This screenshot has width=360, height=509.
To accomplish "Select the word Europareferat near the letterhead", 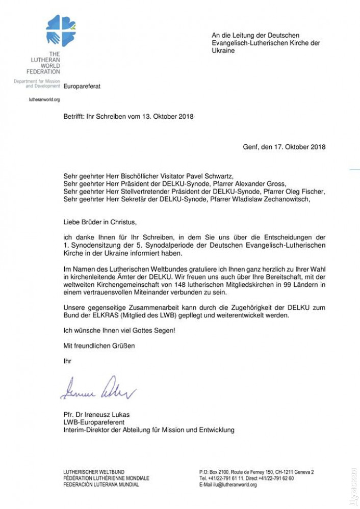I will point(82,87).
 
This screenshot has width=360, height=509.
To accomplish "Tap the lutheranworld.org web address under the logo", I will point(44,100).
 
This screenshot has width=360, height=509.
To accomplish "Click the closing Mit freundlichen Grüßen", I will point(99,346).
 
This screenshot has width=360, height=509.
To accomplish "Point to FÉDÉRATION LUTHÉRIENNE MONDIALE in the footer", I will point(106,478).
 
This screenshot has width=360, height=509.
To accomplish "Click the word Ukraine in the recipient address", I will point(223,51).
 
